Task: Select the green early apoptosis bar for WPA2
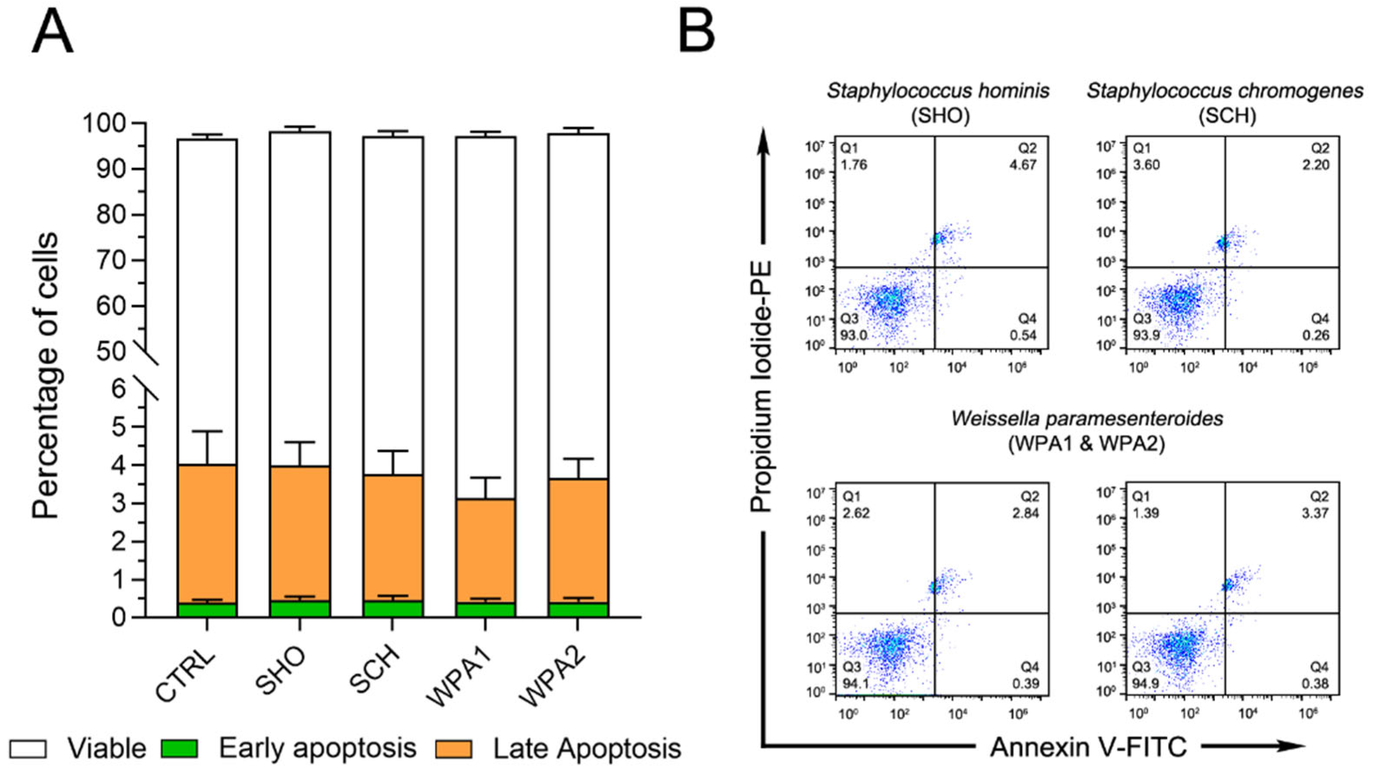coord(578,610)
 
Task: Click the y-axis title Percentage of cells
coord(45,376)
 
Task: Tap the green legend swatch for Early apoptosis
coord(180,749)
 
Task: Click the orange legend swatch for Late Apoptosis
coord(454,749)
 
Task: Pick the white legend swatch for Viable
coord(28,749)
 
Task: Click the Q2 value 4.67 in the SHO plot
coord(1023,164)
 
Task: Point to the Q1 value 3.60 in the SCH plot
coord(1146,164)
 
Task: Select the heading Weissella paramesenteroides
coord(1087,419)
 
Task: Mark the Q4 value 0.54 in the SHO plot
coord(1023,335)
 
